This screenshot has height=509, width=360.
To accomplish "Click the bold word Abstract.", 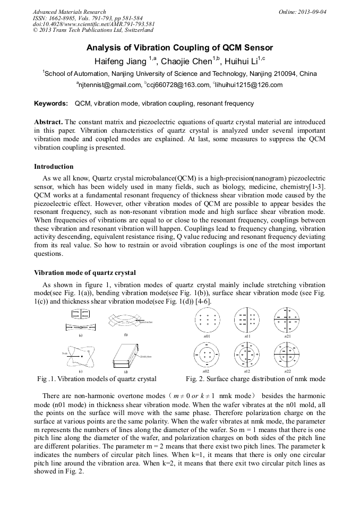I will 49,122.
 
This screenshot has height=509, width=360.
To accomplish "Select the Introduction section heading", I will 54,166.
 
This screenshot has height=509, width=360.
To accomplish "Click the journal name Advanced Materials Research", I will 69,12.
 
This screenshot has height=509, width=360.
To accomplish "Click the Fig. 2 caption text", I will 255,379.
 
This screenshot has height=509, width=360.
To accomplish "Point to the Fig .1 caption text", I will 97,379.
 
